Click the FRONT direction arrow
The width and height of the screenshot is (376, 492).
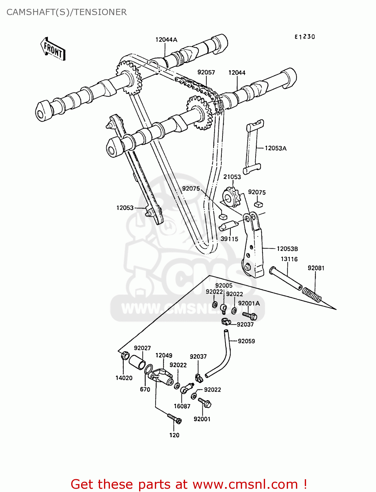52,49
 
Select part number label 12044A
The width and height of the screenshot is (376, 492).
166,40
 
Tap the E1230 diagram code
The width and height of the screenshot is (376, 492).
304,37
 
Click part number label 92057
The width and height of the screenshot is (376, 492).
206,72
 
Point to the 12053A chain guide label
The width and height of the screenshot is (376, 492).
275,148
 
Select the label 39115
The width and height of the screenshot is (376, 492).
229,239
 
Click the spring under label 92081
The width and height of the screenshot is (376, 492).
312,295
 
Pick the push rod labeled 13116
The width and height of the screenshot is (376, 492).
285,279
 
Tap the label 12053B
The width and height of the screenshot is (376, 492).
287,249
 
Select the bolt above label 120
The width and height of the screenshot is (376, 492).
174,419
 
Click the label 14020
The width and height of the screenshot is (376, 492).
124,378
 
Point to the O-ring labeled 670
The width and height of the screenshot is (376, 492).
148,369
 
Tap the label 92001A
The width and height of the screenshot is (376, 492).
249,303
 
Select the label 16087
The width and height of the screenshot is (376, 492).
182,406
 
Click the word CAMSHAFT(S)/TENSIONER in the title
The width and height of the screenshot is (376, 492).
67,12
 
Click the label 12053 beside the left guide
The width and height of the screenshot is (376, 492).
125,208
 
